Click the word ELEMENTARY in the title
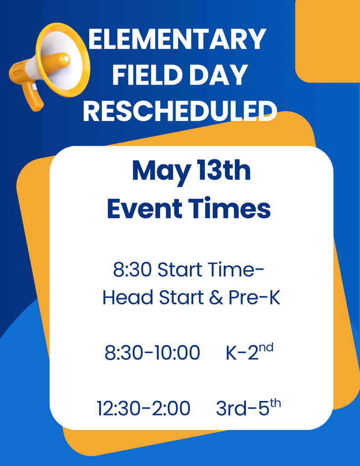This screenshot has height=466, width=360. pyautogui.click(x=177, y=40)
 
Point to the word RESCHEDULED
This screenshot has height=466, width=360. pyautogui.click(x=180, y=111)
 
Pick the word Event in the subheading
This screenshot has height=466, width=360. pyautogui.click(x=144, y=209)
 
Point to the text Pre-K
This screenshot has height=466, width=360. pyautogui.click(x=255, y=298)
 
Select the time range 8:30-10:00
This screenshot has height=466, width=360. pyautogui.click(x=152, y=353)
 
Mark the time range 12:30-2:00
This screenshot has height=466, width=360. pyautogui.click(x=143, y=408)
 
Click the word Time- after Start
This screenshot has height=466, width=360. pyautogui.click(x=236, y=270)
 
